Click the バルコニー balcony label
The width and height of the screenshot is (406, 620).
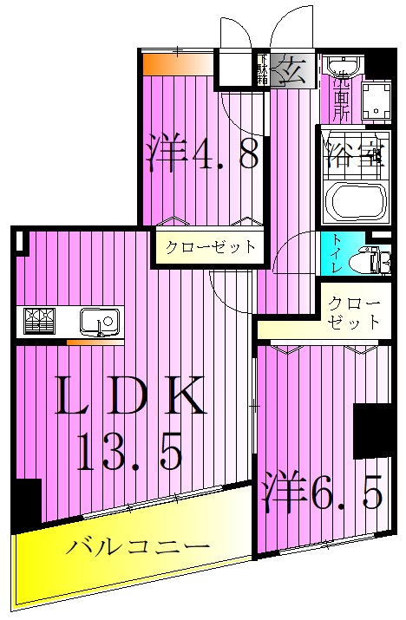[x=139, y=548]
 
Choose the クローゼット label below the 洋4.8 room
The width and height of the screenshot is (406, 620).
[x=211, y=246]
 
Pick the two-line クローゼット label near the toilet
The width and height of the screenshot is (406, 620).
[x=353, y=314]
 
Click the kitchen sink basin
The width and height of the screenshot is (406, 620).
[x=94, y=321]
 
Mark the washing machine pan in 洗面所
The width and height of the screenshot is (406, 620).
[x=377, y=101]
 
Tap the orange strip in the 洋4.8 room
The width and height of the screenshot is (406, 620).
[x=177, y=64]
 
